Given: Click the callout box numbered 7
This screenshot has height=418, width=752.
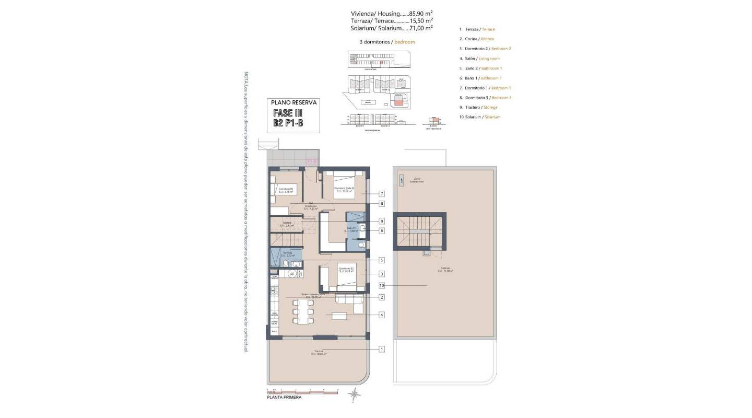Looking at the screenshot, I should tap(382, 193).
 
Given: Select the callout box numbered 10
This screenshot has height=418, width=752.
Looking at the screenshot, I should tap(382, 286).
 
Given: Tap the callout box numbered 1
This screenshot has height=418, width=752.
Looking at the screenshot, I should tap(382, 349).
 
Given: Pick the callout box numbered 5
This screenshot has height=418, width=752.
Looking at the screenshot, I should tap(382, 260).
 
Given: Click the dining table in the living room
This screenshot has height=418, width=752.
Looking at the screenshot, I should tap(303, 312).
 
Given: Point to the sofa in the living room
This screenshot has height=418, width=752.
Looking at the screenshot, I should tap(349, 299).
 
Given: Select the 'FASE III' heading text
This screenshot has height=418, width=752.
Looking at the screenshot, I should tap(288, 113).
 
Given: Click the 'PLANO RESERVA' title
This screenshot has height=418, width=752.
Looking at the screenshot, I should tap(294, 103).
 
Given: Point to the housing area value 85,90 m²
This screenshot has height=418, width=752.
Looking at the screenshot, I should tap(420, 14).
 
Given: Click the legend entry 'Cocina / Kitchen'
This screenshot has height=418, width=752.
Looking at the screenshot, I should tap(476, 39).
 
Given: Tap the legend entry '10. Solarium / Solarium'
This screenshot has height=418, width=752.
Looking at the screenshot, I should tap(479, 117).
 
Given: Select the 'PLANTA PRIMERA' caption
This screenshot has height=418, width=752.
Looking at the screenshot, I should tap(284, 398).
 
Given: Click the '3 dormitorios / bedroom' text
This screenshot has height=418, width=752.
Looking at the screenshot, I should tap(384, 41).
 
